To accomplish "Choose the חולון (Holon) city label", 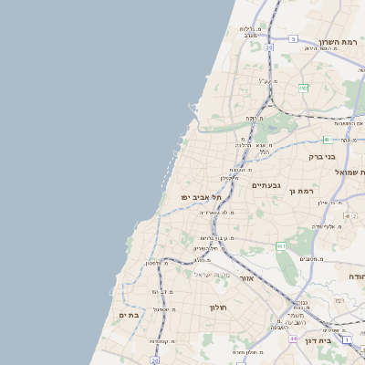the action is (x=223, y=308).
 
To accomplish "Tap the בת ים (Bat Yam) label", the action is (x=129, y=315).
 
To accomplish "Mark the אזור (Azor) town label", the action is (x=245, y=276).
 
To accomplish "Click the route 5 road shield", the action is (x=293, y=38).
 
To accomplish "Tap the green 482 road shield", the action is (x=303, y=88).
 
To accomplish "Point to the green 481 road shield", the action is (x=326, y=140).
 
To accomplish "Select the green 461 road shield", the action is (x=281, y=245).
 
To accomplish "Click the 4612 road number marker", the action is (x=350, y=215).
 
